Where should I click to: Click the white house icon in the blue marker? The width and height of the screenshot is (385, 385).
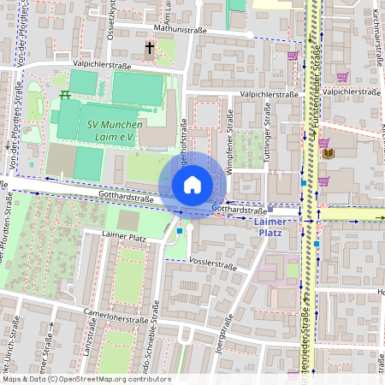tap(192, 185)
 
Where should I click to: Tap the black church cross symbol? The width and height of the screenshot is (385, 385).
tap(151, 48)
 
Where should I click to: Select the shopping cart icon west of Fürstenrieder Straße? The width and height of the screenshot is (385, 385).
tap(293, 56)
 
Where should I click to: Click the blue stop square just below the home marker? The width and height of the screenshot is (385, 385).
tap(179, 230)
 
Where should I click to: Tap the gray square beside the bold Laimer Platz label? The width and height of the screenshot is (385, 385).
tap(270, 208)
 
